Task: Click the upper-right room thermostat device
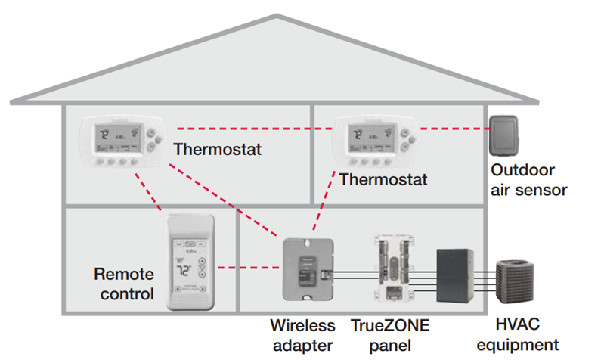(x=376, y=143)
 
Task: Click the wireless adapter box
(x=305, y=269)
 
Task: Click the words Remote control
(x=124, y=283)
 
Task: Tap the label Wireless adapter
(x=302, y=335)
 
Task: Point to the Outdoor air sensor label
(x=529, y=180)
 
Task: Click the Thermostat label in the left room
(x=218, y=148)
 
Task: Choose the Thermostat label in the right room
(x=383, y=180)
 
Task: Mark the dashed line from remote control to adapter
(x=243, y=268)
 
